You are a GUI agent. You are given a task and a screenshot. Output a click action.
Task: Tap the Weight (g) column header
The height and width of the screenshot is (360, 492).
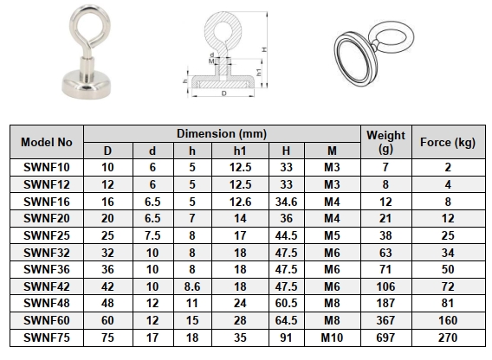pyautogui.click(x=385, y=141)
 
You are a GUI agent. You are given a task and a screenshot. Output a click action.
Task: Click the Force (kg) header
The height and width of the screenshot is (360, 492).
pyautogui.click(x=447, y=141)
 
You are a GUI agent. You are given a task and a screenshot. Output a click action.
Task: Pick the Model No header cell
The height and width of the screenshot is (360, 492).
pyautogui.click(x=47, y=141)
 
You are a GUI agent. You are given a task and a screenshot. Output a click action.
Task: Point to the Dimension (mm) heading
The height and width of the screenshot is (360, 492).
pyautogui.click(x=222, y=134)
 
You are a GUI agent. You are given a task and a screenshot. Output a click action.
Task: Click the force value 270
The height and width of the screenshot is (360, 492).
pyautogui.click(x=447, y=336)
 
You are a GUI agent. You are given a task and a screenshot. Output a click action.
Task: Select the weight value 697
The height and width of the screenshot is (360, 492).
pyautogui.click(x=385, y=336)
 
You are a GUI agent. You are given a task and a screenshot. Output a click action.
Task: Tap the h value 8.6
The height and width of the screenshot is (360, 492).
pyautogui.click(x=191, y=286)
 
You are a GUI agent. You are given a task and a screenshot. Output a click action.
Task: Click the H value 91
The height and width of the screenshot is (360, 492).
pyautogui.click(x=286, y=336)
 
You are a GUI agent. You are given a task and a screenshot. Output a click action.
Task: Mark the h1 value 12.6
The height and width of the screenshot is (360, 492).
pyautogui.click(x=239, y=200)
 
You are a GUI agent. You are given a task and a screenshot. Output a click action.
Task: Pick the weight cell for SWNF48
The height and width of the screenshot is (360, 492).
pyautogui.click(x=385, y=302)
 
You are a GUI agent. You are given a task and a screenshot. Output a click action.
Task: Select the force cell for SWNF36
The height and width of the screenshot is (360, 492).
pyautogui.click(x=447, y=268)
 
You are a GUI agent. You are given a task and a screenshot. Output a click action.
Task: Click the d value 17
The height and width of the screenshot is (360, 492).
pyautogui.click(x=152, y=336)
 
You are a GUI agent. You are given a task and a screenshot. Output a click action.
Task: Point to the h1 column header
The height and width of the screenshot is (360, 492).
pyautogui.click(x=239, y=150)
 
